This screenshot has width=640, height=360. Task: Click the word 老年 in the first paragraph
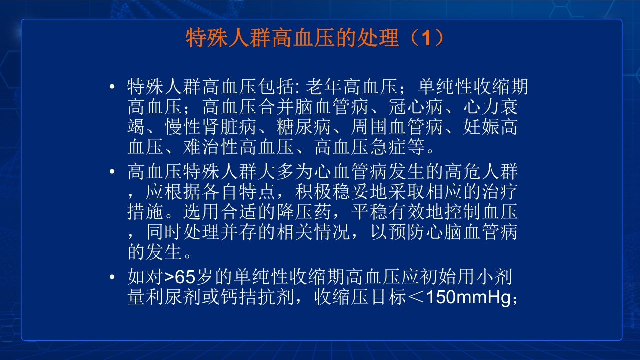(323, 88)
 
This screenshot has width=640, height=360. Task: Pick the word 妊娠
(480, 127)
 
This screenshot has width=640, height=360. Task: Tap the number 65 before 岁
(184, 277)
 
